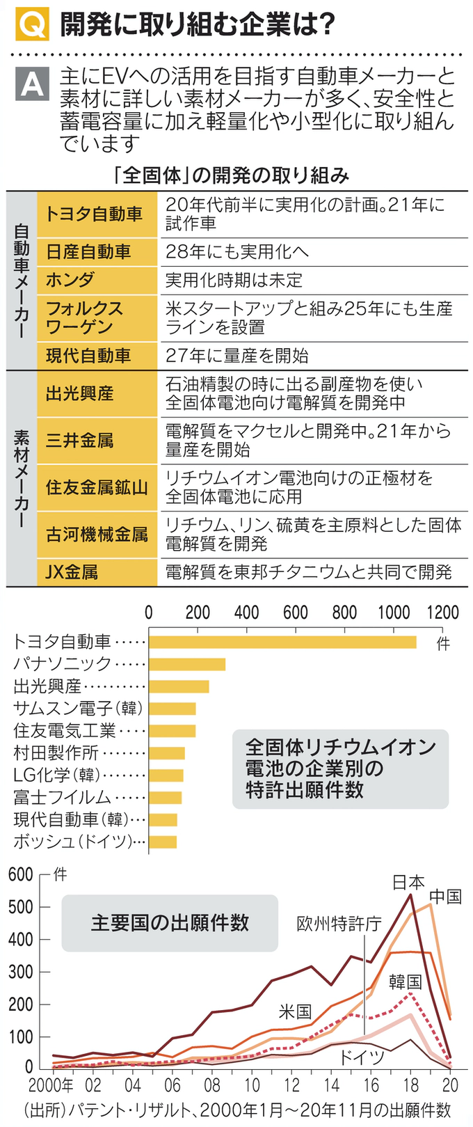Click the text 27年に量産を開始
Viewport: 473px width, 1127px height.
(236, 356)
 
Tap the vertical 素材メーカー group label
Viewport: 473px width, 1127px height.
(22, 478)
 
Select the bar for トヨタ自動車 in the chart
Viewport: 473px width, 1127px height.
(282, 642)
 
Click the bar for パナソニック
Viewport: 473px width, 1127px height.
(187, 664)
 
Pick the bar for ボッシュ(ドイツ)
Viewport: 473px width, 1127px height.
(163, 842)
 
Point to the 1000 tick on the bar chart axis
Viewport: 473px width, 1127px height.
(394, 613)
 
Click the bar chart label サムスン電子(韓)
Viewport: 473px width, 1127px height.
(78, 709)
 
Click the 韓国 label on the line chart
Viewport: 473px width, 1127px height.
(406, 982)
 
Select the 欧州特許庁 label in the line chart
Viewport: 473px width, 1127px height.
(339, 924)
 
